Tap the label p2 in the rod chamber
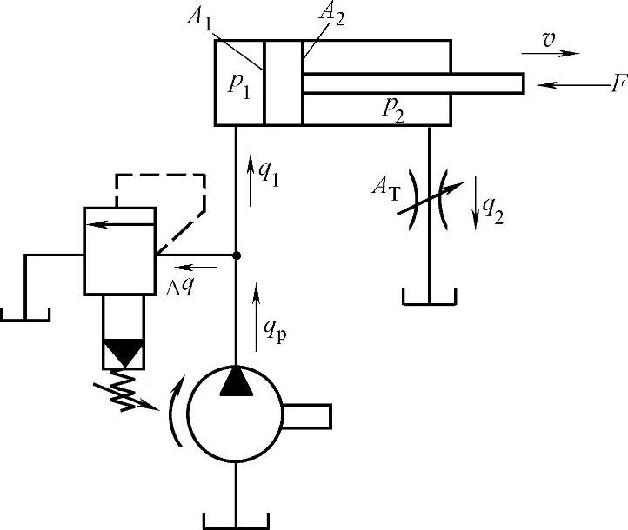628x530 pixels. pos(393,107)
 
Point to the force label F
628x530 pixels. pos(617,86)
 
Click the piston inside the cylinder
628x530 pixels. pos(284,83)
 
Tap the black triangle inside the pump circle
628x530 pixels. pos(237,382)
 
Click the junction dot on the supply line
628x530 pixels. pos(237,255)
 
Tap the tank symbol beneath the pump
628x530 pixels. pos(237,520)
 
